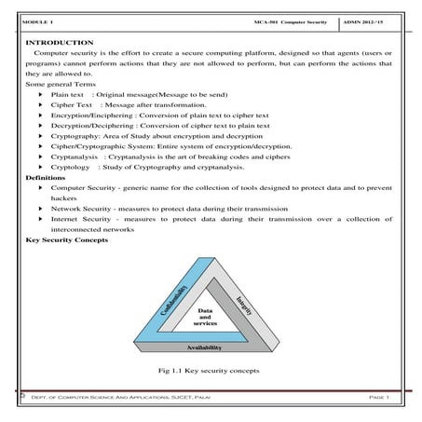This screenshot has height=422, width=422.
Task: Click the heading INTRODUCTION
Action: pyautogui.click(x=59, y=43)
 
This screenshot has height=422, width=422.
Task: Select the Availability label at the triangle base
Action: pyautogui.click(x=204, y=347)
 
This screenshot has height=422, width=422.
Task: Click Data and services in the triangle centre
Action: pyautogui.click(x=206, y=316)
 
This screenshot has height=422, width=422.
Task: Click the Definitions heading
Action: pyautogui.click(x=46, y=177)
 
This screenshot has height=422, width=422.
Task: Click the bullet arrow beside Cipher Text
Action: pyautogui.click(x=40, y=105)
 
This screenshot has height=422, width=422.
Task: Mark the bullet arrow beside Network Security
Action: pyautogui.click(x=40, y=209)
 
